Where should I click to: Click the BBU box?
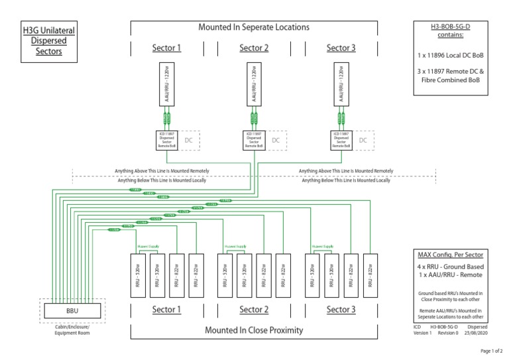(x=72, y=310)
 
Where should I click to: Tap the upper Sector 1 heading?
(x=166, y=48)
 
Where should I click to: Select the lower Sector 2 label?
(x=254, y=310)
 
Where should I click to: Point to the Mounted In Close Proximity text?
(x=254, y=330)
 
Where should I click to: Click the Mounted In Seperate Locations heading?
(x=254, y=27)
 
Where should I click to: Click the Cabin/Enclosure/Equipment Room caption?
(x=72, y=330)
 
